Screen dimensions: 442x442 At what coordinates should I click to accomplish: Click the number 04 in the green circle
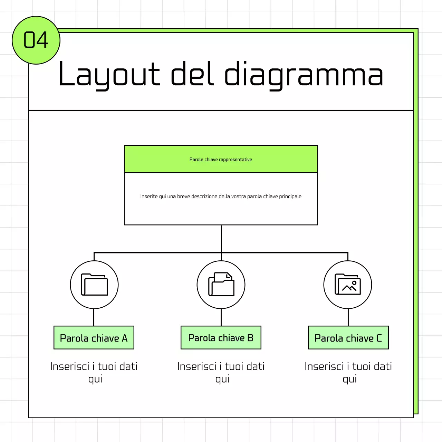coord(36,40)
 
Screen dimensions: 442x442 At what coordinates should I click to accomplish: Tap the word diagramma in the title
coord(304,74)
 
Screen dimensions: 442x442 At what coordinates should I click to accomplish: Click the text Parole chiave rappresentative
coord(221,160)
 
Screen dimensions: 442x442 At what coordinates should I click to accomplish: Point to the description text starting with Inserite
coord(221,196)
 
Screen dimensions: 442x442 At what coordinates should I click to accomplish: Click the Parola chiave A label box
coord(94,338)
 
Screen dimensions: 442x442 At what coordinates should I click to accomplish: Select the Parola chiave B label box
coord(221,338)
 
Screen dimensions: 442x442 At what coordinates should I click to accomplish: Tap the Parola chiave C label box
coord(348,338)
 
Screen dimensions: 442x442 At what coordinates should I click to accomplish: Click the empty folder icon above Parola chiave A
coord(94,285)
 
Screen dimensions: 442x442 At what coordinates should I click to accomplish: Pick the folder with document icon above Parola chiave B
coord(221,285)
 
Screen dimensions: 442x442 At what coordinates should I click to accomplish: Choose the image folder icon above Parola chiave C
coord(348,285)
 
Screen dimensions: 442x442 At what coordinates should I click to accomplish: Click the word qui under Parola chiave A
coord(95,379)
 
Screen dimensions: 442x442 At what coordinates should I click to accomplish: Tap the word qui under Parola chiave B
coord(222,379)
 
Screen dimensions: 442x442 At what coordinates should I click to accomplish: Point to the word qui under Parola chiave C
coord(350,379)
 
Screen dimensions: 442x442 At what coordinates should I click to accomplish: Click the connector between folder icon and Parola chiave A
coord(94,317)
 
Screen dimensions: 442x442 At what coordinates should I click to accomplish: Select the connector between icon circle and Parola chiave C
coord(348,317)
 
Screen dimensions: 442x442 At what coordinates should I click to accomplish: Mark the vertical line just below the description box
coord(221,238)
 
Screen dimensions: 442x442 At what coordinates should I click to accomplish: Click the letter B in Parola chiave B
coord(250,338)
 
